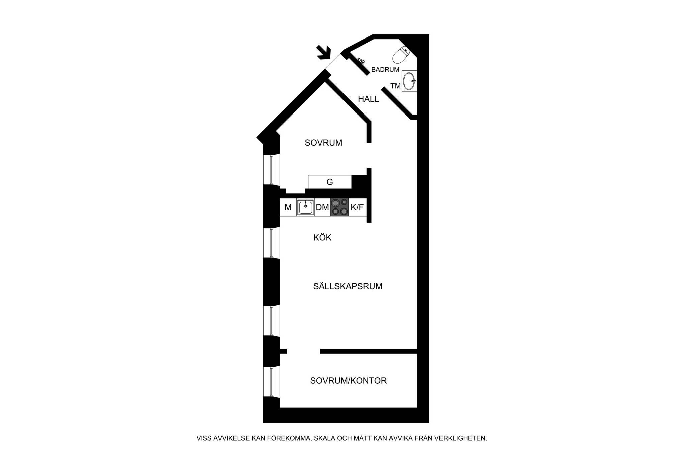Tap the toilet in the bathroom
point(401,55)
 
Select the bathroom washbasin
point(409,81)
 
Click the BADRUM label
point(385,70)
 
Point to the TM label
point(395,86)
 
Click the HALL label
point(368,99)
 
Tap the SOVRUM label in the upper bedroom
point(323,143)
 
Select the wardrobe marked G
point(330,182)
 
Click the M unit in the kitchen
point(288,207)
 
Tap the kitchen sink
point(305,207)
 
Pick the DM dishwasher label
point(322,207)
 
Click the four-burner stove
point(339,207)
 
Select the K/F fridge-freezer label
point(357,207)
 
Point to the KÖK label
point(322,237)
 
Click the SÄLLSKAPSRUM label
point(348,286)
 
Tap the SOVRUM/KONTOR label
point(349,381)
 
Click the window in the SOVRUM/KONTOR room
point(272,382)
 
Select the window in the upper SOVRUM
point(272,170)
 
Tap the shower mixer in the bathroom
point(361,61)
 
